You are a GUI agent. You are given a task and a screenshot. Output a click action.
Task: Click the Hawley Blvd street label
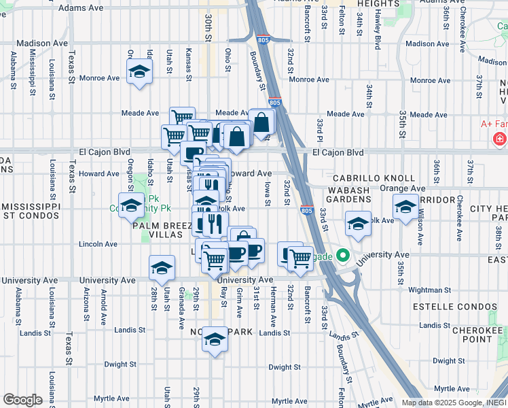tap(377, 33)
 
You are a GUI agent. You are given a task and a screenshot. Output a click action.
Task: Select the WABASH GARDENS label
tap(349, 194)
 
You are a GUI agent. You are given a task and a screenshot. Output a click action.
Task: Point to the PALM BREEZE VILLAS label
tap(160, 231)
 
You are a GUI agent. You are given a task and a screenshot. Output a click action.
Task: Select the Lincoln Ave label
tap(98, 243)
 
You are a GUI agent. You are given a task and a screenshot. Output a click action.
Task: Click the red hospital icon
tap(500, 139)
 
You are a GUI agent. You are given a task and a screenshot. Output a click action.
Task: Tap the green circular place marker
tap(344, 257)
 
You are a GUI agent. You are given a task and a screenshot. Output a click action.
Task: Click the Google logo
tap(22, 400)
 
